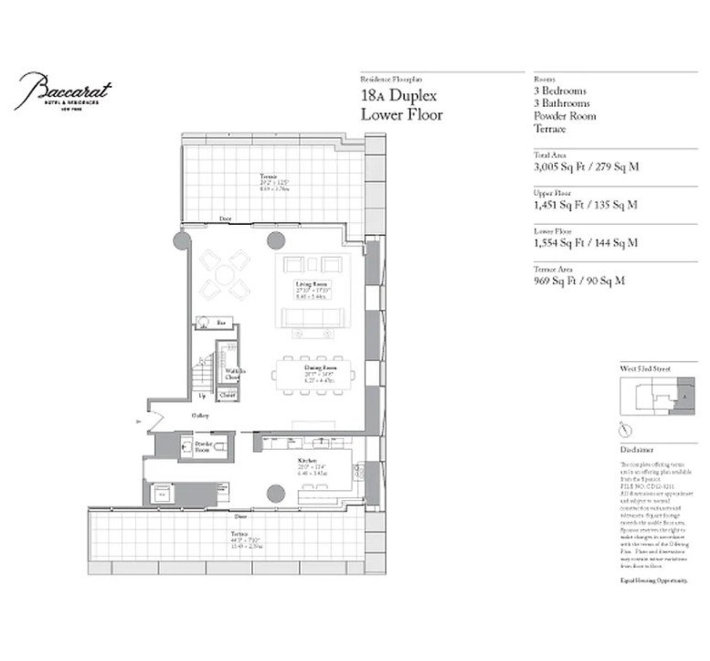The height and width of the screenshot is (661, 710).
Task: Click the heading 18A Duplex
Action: point(399,95)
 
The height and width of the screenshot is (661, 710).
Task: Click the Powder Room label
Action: point(204,447)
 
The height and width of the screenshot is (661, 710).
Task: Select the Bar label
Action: point(221,323)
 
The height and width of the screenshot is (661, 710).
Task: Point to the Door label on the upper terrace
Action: point(225,219)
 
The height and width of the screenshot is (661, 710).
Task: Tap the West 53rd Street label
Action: point(646,368)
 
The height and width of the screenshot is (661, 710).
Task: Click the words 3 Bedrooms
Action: point(560,91)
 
